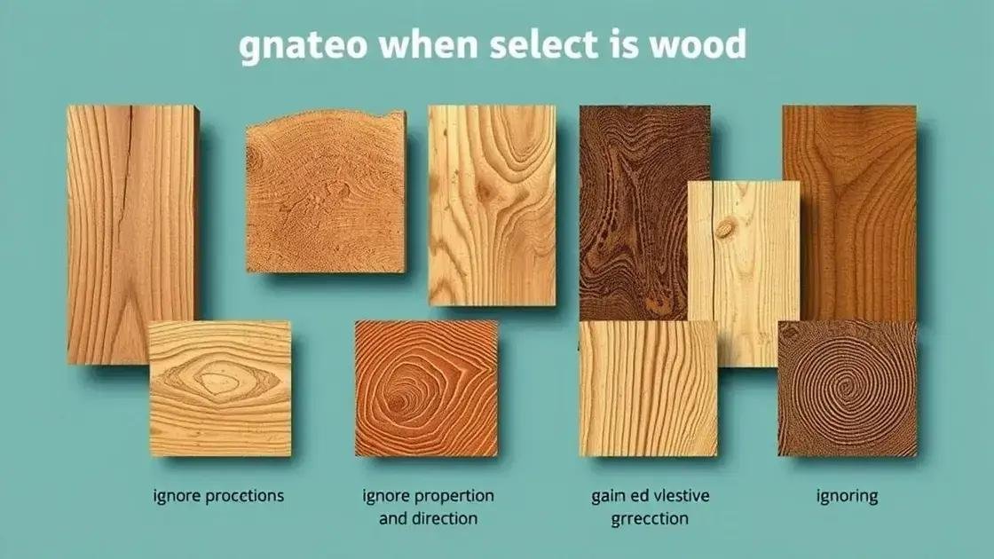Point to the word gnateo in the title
click(298, 46)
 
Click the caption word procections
click(239, 496)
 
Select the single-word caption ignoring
click(847, 496)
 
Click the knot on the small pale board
click(726, 229)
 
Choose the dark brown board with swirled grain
click(633, 213)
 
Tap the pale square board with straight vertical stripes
click(646, 388)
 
